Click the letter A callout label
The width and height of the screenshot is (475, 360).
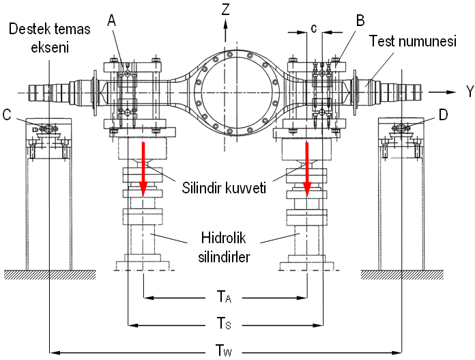[x=113, y=21]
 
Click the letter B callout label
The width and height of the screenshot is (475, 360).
[x=360, y=21]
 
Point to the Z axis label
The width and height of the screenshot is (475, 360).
[x=225, y=8]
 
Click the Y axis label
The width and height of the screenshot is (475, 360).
[x=470, y=92]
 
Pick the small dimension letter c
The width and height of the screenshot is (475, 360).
[x=313, y=28]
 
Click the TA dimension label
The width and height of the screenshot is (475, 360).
[x=225, y=296]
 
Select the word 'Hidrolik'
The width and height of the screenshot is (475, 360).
[x=225, y=240]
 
